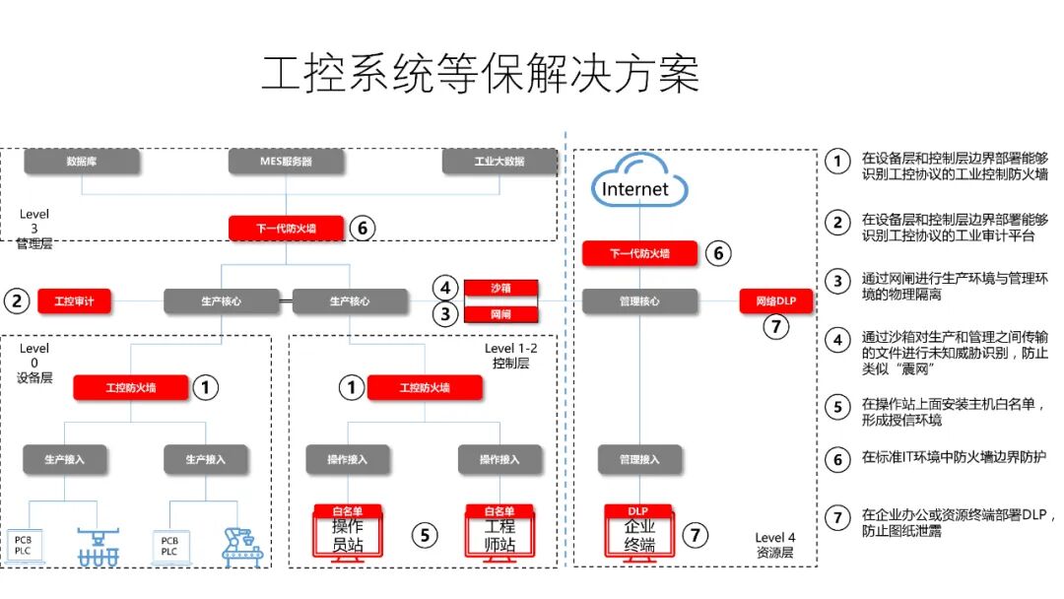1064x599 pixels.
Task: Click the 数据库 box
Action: (81, 161)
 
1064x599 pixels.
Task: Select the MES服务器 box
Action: (286, 161)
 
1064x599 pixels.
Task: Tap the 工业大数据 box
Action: (499, 161)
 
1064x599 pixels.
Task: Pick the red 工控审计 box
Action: (75, 300)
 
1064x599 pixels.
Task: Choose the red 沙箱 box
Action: (500, 289)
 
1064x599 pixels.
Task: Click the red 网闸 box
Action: (500, 315)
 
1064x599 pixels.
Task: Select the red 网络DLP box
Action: (776, 300)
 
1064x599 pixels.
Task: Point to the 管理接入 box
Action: (639, 459)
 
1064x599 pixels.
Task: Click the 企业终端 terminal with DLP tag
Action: (639, 532)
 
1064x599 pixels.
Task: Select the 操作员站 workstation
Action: (347, 532)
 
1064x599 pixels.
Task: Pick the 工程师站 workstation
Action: (499, 532)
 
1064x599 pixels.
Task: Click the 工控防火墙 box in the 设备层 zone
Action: (131, 387)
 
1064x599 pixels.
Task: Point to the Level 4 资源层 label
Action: (773, 545)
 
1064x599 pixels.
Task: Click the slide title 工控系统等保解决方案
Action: (480, 75)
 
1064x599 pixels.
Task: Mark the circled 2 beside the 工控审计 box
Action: (17, 300)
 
